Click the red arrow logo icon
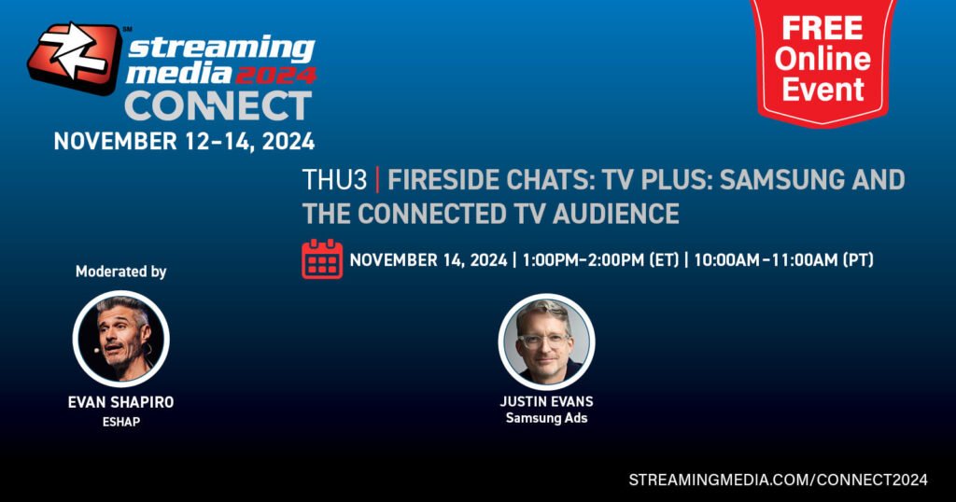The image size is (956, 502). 75,57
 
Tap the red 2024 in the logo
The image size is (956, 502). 275,76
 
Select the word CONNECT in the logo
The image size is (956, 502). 218,106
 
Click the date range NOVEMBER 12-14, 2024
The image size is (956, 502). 184,141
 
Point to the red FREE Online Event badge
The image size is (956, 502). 822,60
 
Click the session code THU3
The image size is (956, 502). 335,180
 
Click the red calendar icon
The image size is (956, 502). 322,258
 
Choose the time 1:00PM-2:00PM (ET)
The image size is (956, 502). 600,260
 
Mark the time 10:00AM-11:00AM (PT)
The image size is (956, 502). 783,260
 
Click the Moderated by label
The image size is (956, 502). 120,272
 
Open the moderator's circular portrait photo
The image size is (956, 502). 120,339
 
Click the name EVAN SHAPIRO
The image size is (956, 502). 120,403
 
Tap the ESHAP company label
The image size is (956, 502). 120,422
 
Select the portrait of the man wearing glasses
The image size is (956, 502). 546,342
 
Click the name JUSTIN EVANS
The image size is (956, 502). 546,401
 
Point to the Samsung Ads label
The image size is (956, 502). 546,419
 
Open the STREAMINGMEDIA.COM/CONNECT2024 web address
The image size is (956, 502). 778,480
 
